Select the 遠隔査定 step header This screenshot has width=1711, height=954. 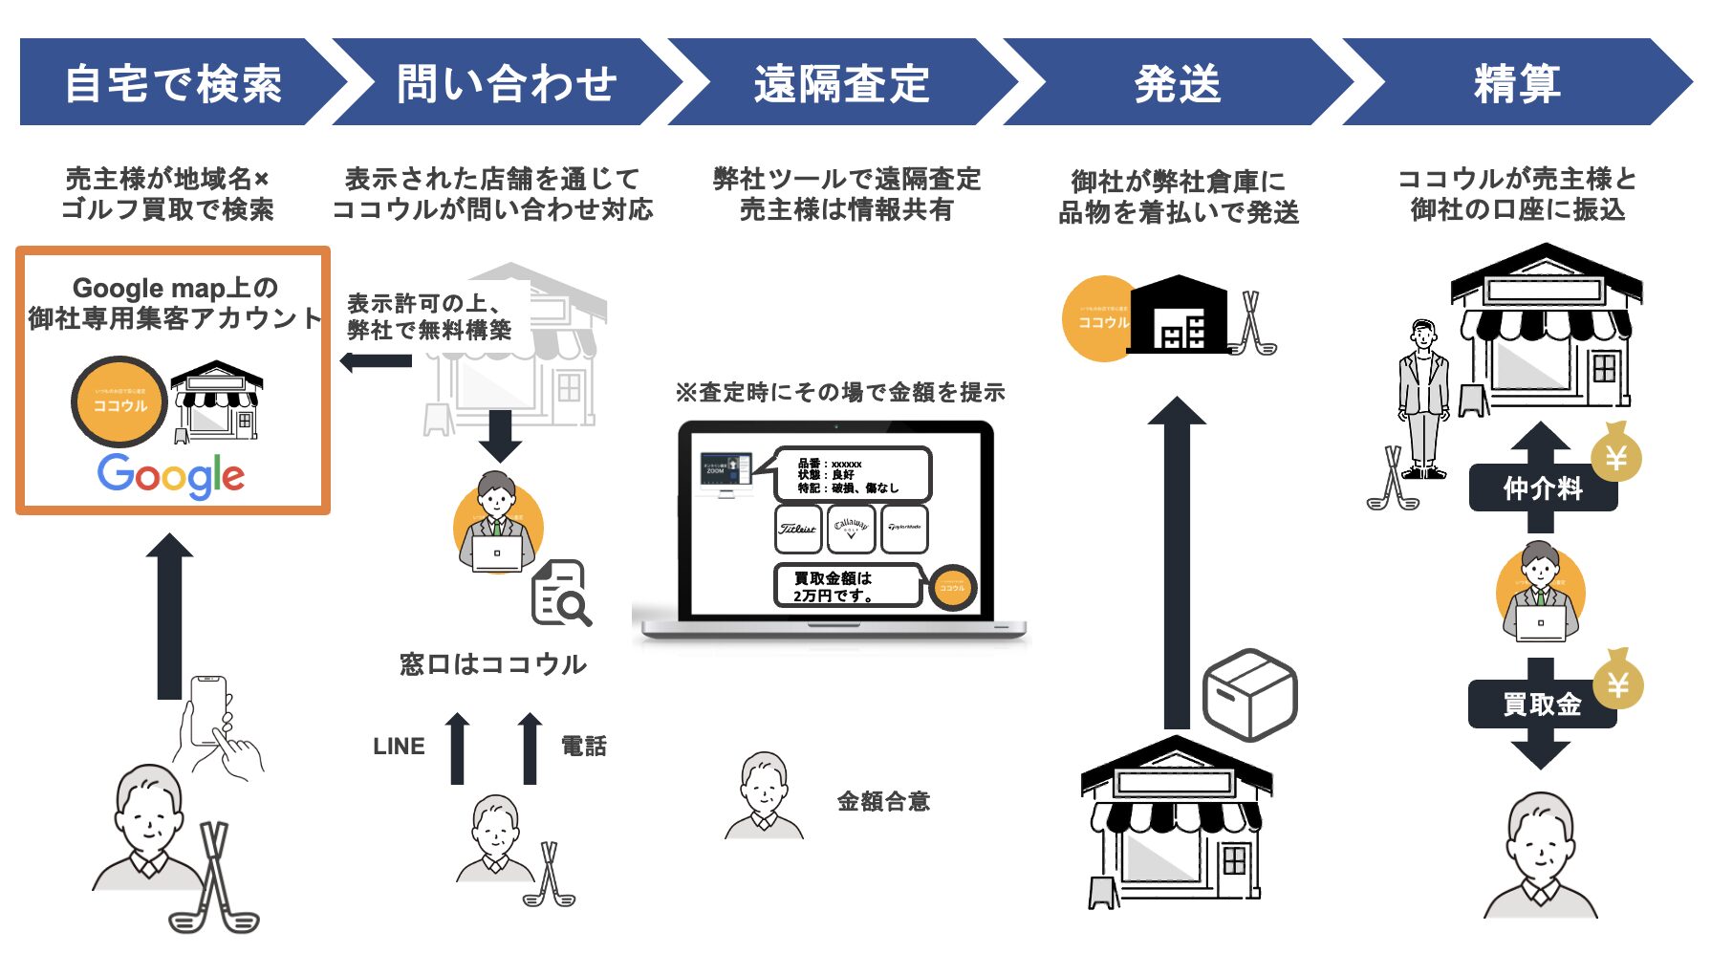[841, 83]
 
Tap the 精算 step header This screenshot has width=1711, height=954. [1516, 83]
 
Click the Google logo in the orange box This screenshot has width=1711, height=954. [171, 475]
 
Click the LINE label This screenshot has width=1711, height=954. [399, 747]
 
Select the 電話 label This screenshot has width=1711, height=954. [584, 747]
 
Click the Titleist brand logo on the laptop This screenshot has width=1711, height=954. [798, 529]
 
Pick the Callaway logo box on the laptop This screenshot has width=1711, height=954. [851, 529]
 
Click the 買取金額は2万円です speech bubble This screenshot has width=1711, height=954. [845, 586]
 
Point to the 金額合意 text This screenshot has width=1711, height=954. [883, 801]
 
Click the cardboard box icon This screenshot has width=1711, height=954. [1249, 694]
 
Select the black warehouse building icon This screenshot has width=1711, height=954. [1179, 315]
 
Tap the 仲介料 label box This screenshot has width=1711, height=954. [1542, 488]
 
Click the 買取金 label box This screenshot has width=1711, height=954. [1542, 705]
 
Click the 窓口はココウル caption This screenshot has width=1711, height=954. [493, 664]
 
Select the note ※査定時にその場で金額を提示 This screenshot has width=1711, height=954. [840, 392]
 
